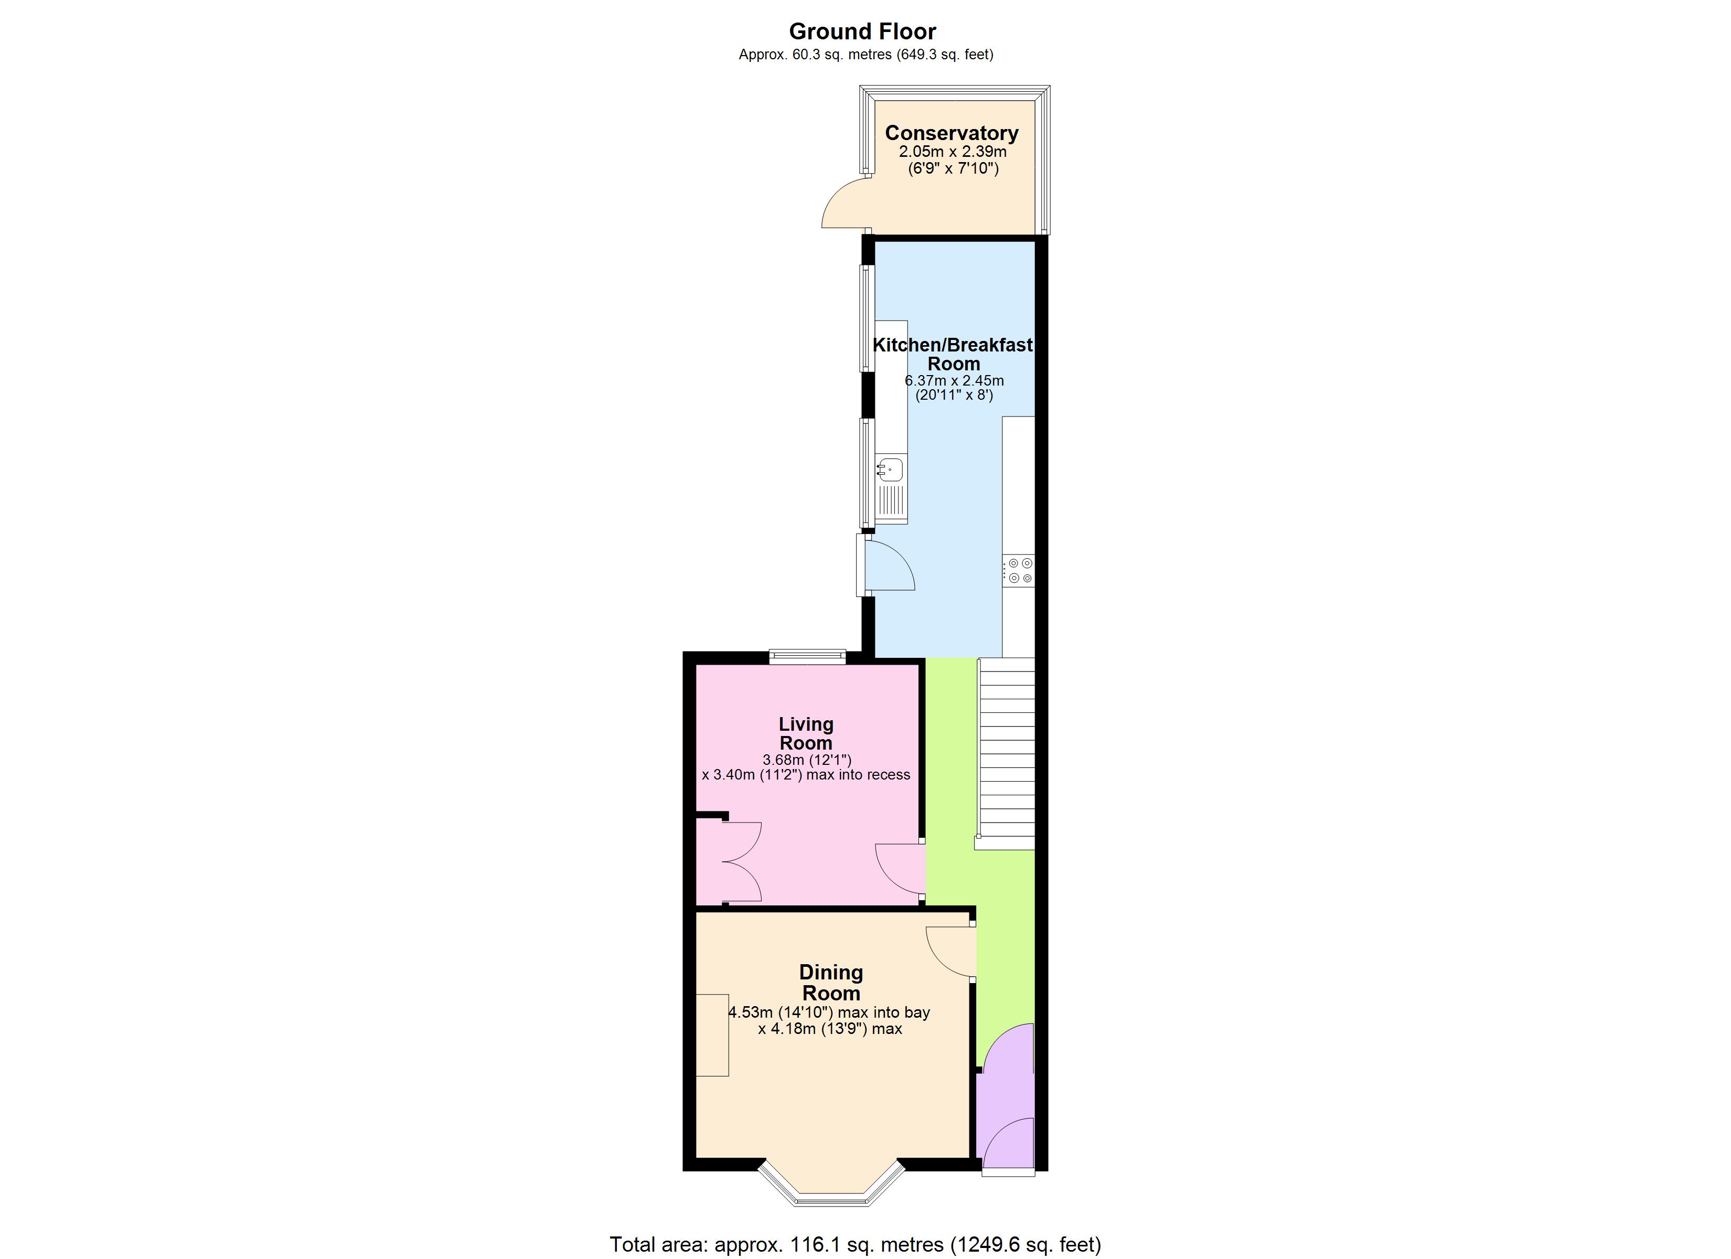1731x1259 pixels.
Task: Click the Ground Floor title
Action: point(862,31)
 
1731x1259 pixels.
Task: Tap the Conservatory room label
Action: point(951,133)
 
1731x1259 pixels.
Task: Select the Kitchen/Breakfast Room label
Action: point(953,354)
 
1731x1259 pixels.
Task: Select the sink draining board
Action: point(891,502)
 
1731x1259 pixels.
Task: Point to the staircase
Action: point(1007,753)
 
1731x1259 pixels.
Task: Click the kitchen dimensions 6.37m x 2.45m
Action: point(954,380)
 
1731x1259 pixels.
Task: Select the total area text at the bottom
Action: point(855,1244)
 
